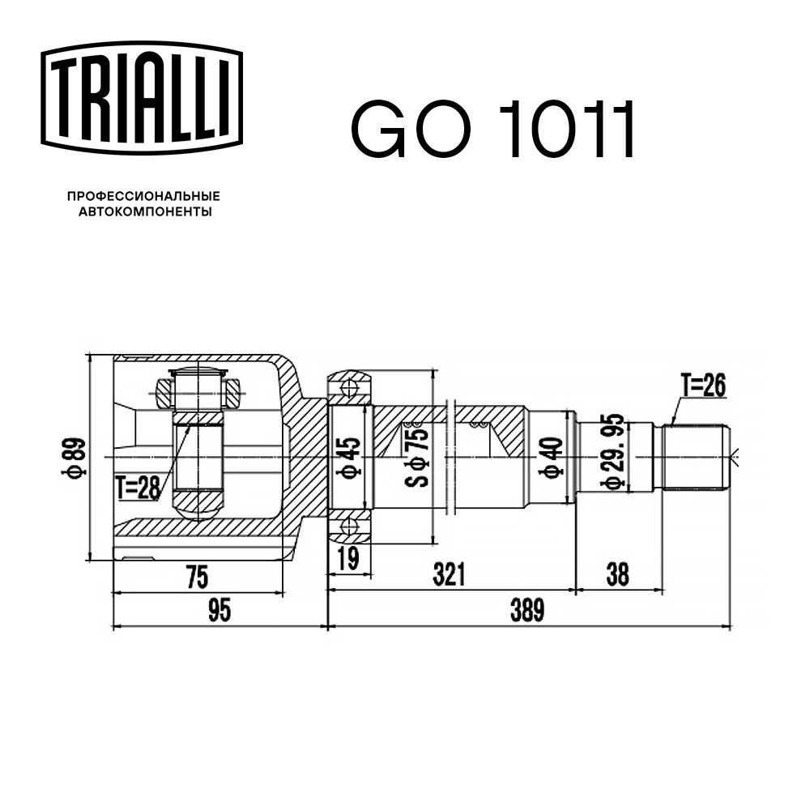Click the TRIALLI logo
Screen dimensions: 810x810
point(142,97)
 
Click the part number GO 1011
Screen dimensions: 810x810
point(492,129)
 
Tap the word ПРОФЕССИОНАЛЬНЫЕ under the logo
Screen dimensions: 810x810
point(143,196)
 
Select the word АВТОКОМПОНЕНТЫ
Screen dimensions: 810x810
point(145,211)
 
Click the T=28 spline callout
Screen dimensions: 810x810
point(138,488)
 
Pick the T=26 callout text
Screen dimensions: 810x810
point(703,386)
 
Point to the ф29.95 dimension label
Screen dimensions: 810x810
point(613,451)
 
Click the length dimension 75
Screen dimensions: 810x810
point(197,577)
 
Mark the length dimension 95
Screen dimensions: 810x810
point(219,611)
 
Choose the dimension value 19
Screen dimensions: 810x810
point(349,558)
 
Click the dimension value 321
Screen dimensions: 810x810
point(449,574)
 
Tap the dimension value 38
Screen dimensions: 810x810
point(617,574)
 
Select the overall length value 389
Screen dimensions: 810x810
point(527,610)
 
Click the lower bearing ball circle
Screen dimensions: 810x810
point(350,527)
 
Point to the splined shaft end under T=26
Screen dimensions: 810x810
point(696,457)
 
